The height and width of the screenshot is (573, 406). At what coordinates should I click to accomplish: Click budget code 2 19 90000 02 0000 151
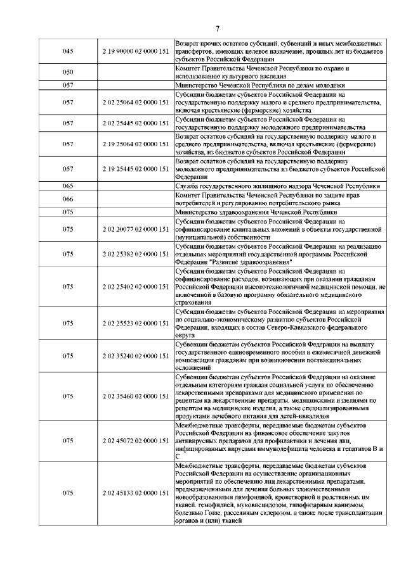134,51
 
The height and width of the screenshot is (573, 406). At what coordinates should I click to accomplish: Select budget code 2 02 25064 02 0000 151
134,102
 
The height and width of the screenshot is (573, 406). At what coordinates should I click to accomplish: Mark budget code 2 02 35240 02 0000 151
134,357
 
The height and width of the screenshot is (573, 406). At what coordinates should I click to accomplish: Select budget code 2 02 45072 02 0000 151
134,439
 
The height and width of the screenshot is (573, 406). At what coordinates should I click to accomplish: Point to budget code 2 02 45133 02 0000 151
134,492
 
